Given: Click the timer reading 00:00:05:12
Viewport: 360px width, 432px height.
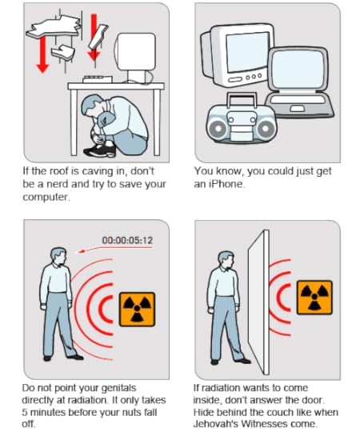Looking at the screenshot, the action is click(x=127, y=240).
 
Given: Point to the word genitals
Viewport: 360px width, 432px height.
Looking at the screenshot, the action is click(x=118, y=388).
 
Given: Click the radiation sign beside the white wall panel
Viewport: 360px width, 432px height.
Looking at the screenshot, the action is click(x=314, y=298).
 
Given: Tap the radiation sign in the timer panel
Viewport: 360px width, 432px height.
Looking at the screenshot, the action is click(x=137, y=310).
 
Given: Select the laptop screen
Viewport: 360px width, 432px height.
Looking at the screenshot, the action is click(x=298, y=69).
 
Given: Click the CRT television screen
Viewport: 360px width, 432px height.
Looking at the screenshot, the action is click(x=247, y=51).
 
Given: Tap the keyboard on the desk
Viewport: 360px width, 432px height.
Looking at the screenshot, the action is click(x=98, y=79).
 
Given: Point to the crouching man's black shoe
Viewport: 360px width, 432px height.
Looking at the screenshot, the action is click(x=100, y=150).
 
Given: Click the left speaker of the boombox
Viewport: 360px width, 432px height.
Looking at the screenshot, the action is click(x=218, y=128).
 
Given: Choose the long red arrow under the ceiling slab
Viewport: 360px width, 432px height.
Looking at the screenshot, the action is click(x=42, y=55).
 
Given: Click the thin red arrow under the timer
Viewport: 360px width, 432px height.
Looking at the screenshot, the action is click(x=114, y=249).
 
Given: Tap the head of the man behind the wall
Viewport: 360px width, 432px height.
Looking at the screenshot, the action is click(x=226, y=259).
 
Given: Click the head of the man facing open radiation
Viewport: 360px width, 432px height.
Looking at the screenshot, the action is click(x=58, y=256).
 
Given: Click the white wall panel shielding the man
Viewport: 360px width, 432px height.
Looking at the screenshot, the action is click(x=258, y=302).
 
